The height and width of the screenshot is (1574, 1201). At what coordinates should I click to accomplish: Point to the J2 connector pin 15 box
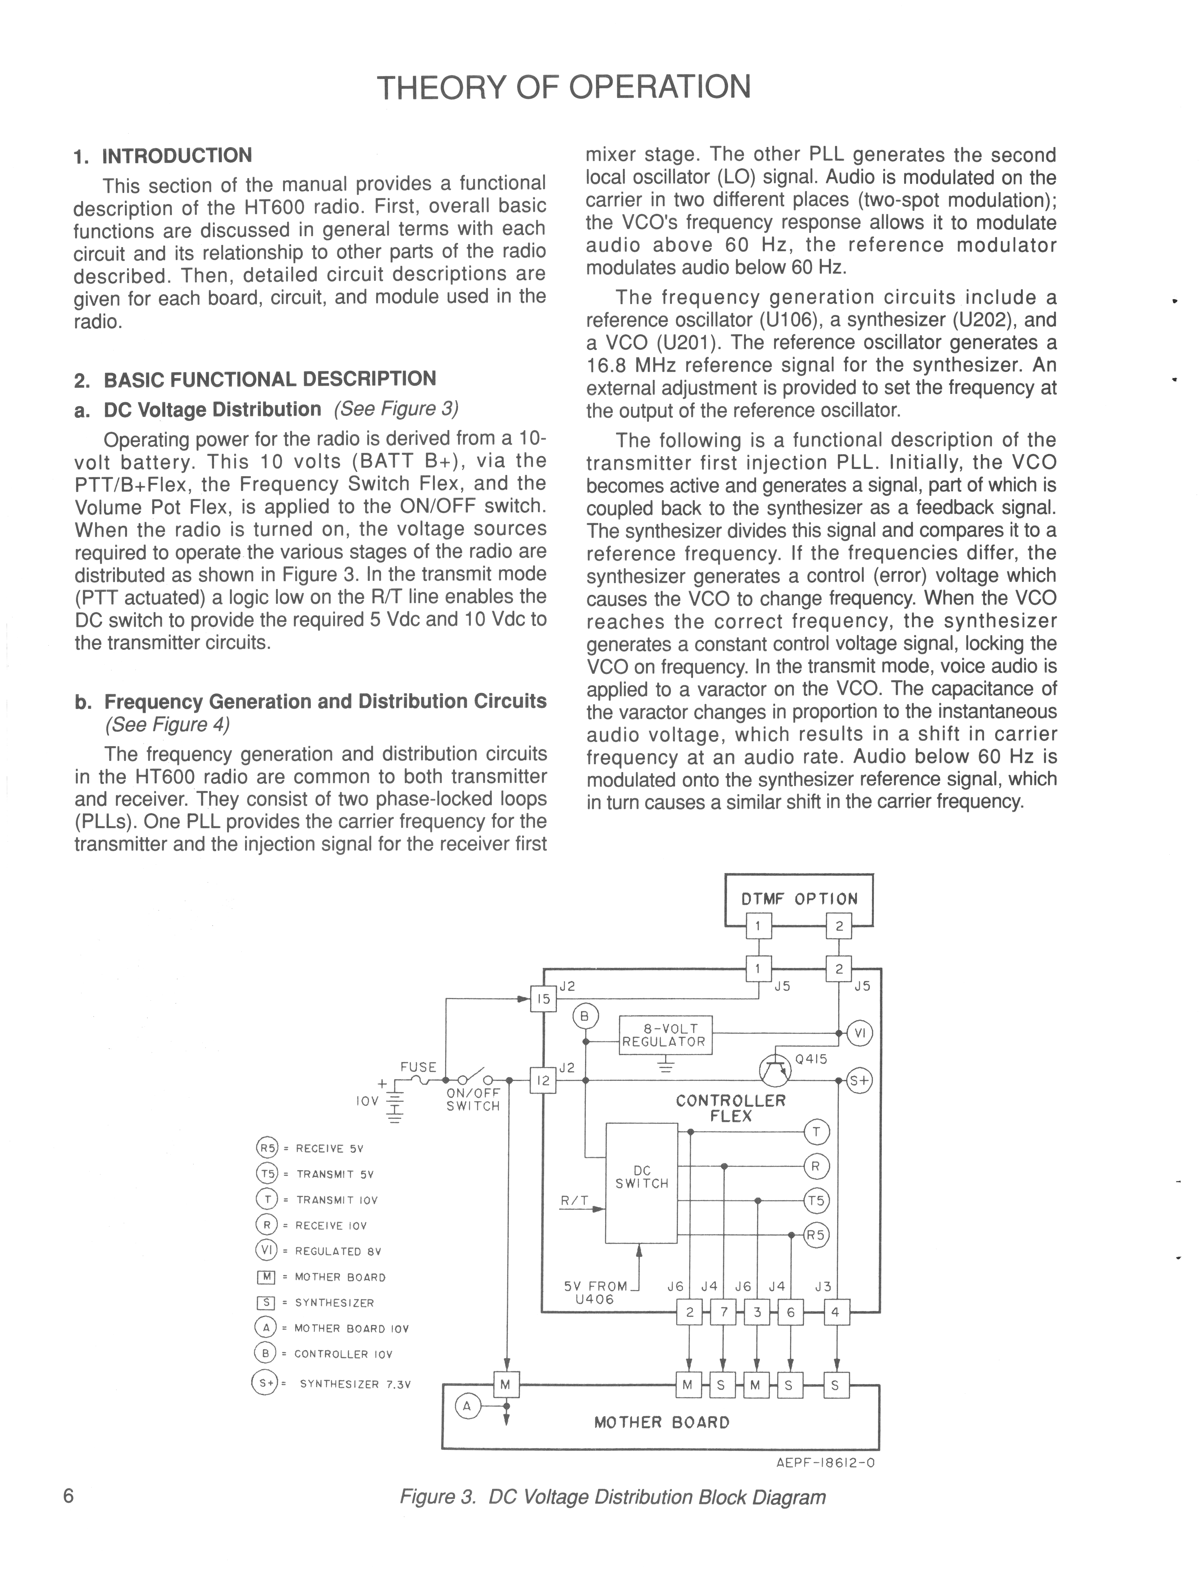coord(543,999)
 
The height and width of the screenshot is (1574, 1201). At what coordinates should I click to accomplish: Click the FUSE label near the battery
coord(418,1067)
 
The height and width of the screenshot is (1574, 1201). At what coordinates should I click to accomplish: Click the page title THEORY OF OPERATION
coord(564,87)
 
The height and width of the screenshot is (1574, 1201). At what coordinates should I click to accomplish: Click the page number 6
coord(69,1496)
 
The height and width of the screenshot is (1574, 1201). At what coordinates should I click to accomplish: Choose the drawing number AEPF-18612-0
coord(825,1463)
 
